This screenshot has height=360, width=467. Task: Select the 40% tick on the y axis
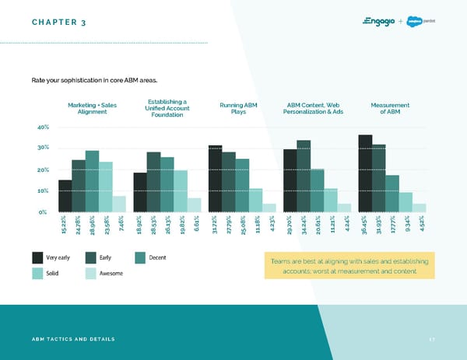coord(44,127)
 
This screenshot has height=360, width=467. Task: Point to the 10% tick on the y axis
coord(44,190)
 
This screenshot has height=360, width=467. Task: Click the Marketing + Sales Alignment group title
coord(93,109)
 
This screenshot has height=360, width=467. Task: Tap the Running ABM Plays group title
coord(239,109)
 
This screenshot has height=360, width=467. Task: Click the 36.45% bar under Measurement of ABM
coord(365,173)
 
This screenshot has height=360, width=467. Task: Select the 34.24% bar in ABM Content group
coord(304,175)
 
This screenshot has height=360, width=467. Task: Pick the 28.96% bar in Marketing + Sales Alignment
coord(92,180)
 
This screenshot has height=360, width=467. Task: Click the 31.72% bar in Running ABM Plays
coord(215,178)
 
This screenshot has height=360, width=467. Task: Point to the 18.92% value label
coord(140,227)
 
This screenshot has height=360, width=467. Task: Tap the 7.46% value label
coord(119,225)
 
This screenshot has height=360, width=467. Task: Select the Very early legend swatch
coord(38,257)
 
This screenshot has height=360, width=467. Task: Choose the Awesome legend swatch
coord(90,273)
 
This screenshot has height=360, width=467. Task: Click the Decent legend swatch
coord(141,257)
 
